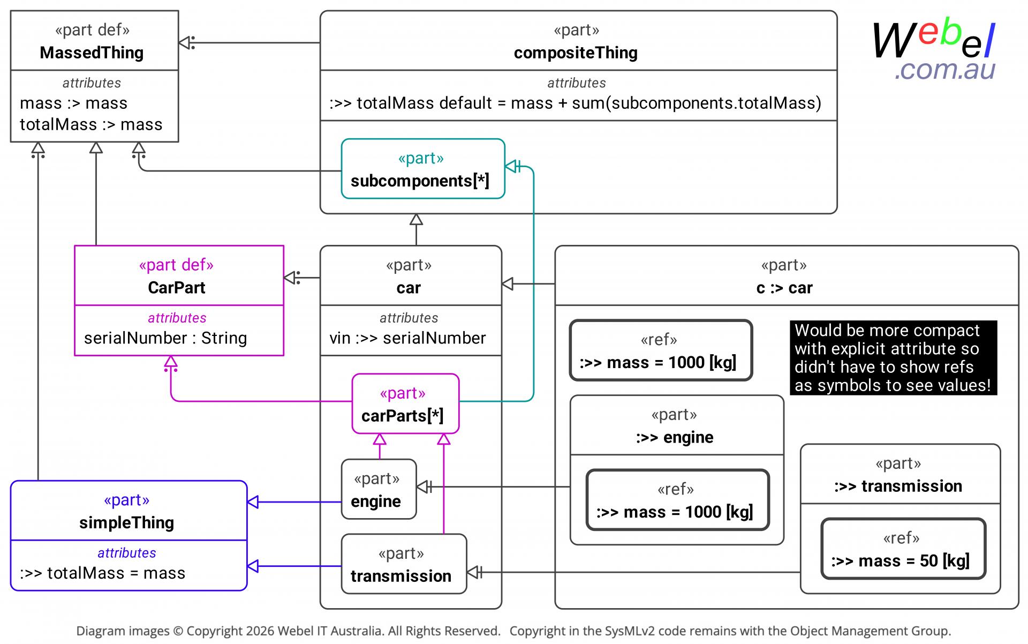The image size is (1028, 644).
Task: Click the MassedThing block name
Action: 92,53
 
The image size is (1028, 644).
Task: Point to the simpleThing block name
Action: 127,522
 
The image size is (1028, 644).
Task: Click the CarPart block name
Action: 177,288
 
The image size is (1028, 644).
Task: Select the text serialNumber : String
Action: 165,338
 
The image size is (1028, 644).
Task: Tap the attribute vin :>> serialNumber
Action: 407,338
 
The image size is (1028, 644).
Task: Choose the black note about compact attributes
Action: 893,357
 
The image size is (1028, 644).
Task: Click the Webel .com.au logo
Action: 934,51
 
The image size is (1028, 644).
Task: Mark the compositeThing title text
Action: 576,53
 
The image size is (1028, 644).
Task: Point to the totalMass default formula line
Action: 576,103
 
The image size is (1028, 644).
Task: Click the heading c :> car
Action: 784,288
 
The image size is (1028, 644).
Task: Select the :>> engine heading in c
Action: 675,437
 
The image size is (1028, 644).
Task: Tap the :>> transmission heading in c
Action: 898,486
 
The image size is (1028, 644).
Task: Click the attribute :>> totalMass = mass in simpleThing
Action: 103,573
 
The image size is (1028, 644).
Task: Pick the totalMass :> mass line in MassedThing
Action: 91,124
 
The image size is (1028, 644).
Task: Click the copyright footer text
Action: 513,631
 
